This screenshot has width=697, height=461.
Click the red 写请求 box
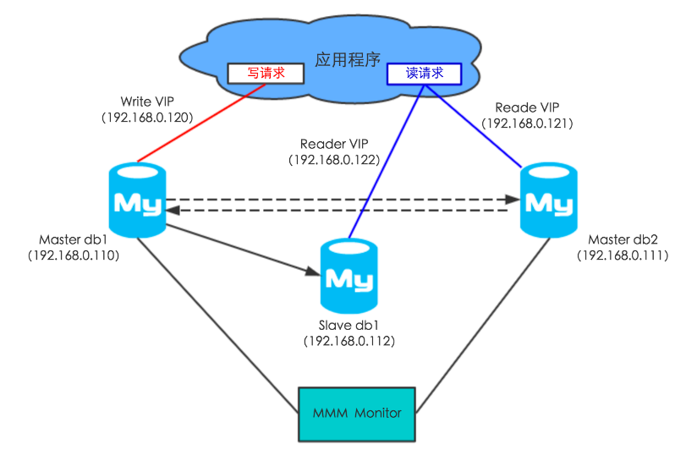[266, 74]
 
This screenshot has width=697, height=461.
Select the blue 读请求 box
[424, 74]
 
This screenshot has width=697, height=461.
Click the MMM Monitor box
[357, 414]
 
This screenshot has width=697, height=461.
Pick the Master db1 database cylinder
[137, 201]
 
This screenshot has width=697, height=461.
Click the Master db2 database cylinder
[547, 201]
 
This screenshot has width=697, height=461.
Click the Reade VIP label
[528, 107]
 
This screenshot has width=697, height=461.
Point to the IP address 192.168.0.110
[74, 255]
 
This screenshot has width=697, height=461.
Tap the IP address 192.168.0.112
[349, 341]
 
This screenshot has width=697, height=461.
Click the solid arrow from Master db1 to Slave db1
[237, 248]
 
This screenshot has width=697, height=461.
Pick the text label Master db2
[623, 239]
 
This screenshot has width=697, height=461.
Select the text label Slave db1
[349, 326]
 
